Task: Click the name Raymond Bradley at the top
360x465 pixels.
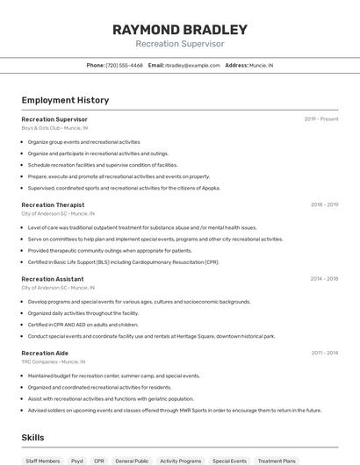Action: click(x=180, y=29)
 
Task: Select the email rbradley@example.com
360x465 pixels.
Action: click(x=192, y=65)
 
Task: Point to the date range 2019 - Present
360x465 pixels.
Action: click(x=321, y=119)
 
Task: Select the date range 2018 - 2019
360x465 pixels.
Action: click(x=324, y=204)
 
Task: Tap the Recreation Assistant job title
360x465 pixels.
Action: click(x=53, y=279)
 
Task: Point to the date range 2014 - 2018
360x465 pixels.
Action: click(x=324, y=279)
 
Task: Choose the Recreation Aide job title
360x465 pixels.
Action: click(x=45, y=353)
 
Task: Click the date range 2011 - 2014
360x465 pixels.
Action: click(x=324, y=353)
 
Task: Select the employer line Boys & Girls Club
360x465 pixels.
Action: click(x=54, y=127)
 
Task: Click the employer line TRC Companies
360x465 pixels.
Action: click(x=54, y=361)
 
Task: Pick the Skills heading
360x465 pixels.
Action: click(x=32, y=437)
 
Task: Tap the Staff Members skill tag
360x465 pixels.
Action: click(x=43, y=461)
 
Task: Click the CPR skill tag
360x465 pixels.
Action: click(x=99, y=461)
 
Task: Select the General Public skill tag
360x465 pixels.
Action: click(x=132, y=461)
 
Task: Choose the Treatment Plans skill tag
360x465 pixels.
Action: click(x=277, y=461)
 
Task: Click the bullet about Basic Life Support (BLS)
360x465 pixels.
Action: click(x=123, y=261)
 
